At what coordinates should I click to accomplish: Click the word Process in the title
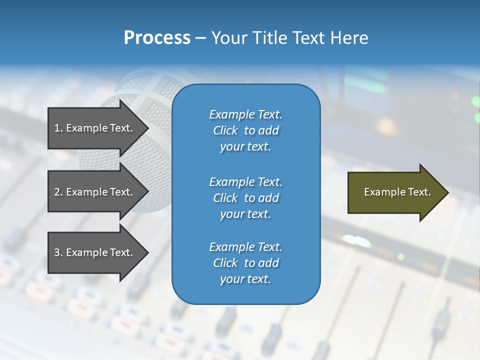pyautogui.click(x=157, y=38)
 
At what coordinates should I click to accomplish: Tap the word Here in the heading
pyautogui.click(x=349, y=38)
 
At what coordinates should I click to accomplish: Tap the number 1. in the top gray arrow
pyautogui.click(x=58, y=128)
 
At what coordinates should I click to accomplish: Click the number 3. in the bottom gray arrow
pyautogui.click(x=58, y=252)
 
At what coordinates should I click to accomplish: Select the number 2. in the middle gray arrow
pyautogui.click(x=58, y=192)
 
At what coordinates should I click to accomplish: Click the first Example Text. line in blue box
pyautogui.click(x=245, y=114)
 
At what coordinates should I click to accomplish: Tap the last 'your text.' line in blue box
pyautogui.click(x=245, y=279)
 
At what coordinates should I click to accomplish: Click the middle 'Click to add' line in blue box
pyautogui.click(x=245, y=198)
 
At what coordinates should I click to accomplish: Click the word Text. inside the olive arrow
pyautogui.click(x=419, y=192)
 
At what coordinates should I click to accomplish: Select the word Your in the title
pyautogui.click(x=227, y=38)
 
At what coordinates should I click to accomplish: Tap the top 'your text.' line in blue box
pyautogui.click(x=245, y=147)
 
